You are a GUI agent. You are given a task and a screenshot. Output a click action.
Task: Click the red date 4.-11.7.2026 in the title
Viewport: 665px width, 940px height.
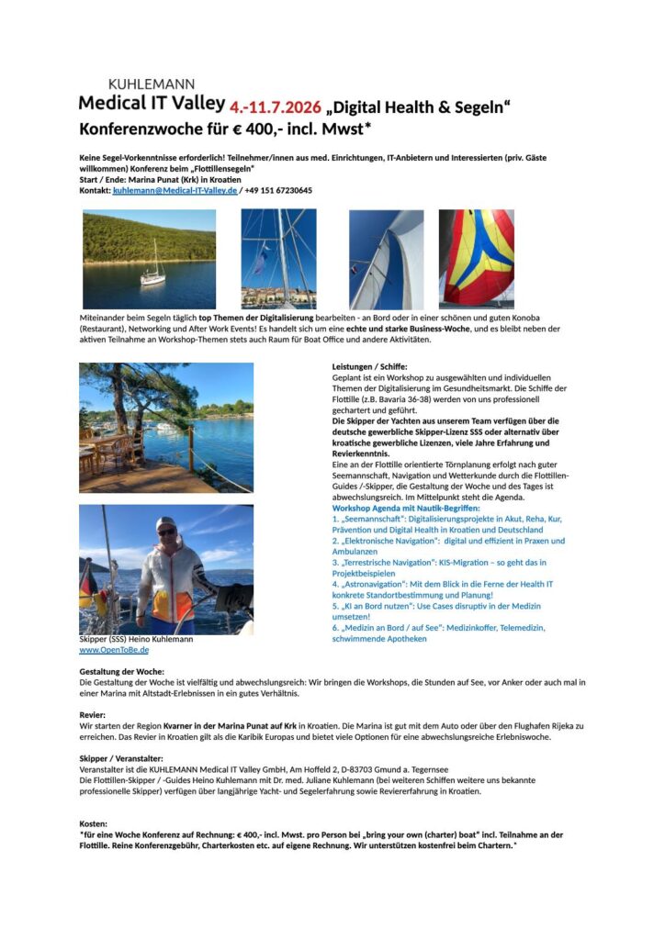coord(276,107)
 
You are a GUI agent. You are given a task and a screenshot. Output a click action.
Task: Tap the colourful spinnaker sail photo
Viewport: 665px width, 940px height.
coord(476,257)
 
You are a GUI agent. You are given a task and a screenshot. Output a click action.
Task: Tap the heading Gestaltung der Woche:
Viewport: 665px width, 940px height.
coord(122,672)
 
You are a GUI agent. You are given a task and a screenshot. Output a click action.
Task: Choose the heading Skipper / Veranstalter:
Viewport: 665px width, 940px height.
coord(121,758)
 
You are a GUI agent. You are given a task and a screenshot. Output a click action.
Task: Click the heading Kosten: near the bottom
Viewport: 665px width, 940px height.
coord(95,824)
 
